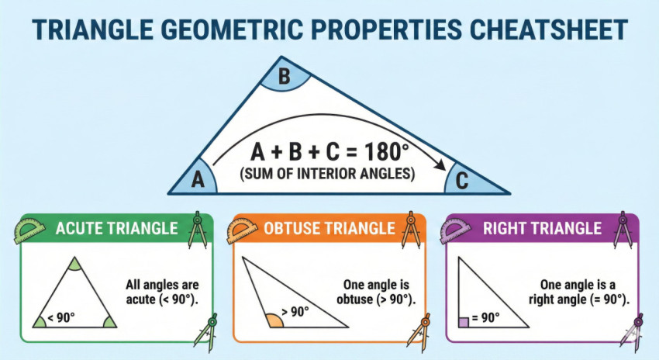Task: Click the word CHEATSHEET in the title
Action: [548, 29]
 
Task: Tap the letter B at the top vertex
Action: [284, 77]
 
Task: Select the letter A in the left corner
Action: [198, 179]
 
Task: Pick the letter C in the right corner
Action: [462, 181]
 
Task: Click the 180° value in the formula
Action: [386, 152]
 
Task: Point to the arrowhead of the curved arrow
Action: [440, 166]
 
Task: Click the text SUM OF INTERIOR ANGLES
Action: [327, 173]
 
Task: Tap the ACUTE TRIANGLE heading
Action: [116, 228]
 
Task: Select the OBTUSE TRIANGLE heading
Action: [329, 228]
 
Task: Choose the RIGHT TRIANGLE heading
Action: [542, 228]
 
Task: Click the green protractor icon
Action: [29, 230]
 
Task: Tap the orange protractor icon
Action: [242, 230]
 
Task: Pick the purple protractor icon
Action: [455, 230]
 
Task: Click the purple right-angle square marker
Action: [464, 322]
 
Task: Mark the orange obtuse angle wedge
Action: [275, 321]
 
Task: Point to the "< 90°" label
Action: [61, 317]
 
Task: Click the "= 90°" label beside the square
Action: [486, 317]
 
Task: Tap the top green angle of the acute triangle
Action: [74, 264]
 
